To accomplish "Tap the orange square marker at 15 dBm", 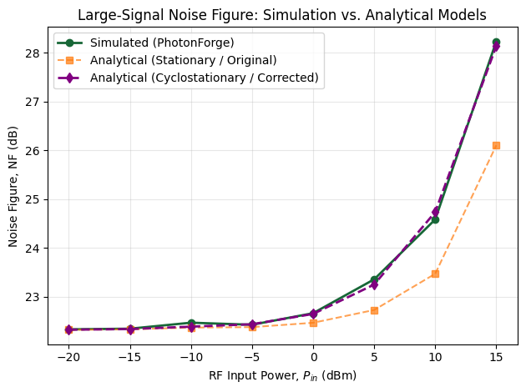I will (496, 145).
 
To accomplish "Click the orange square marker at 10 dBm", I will (435, 274).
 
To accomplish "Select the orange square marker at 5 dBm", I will (374, 310).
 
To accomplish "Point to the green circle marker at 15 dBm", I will (496, 42).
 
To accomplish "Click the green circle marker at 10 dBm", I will (435, 219).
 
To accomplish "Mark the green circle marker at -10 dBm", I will (191, 323).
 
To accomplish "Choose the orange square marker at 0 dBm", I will (313, 323).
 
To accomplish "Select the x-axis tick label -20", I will (68, 357).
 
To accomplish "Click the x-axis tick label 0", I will (313, 357).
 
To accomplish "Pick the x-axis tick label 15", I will (496, 357).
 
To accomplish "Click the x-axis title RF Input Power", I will (282, 376).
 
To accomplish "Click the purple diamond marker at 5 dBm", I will (374, 285).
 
